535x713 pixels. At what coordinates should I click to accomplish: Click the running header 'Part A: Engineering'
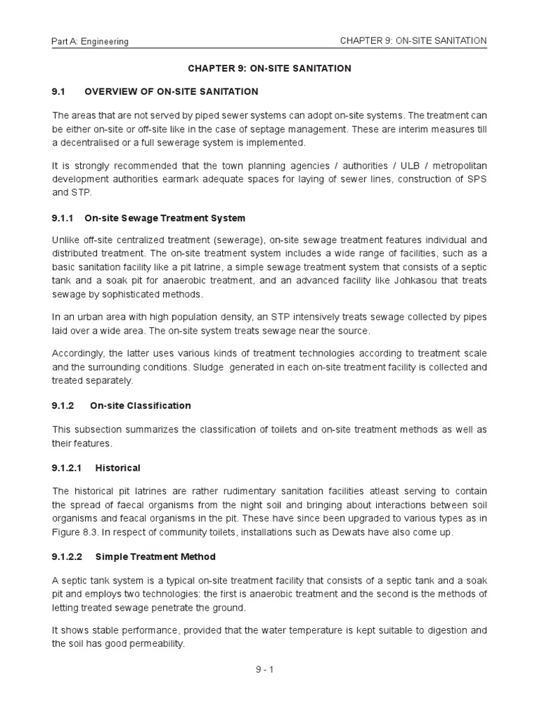pos(91,42)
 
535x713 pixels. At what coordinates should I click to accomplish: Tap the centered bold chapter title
pos(270,68)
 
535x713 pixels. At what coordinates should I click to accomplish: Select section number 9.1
pos(59,91)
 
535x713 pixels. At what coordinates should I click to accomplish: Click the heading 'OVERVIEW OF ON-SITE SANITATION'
pos(171,91)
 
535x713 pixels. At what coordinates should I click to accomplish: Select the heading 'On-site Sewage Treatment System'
pos(165,218)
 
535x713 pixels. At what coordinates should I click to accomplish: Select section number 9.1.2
pos(63,405)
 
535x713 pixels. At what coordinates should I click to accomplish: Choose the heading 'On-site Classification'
pos(141,405)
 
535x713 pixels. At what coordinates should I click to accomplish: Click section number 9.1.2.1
pos(68,468)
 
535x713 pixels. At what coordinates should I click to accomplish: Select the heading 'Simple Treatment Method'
pos(155,556)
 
